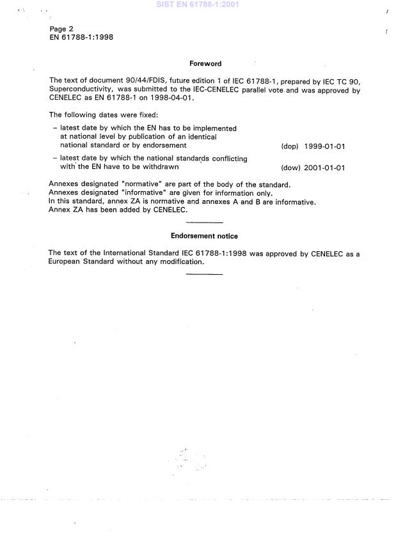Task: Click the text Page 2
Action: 61,29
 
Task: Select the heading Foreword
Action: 205,63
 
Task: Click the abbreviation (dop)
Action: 290,146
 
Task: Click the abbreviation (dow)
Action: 290,168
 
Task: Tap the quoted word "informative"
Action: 143,193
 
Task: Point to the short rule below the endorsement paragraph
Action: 204,274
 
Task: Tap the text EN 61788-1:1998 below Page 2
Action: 81,37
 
